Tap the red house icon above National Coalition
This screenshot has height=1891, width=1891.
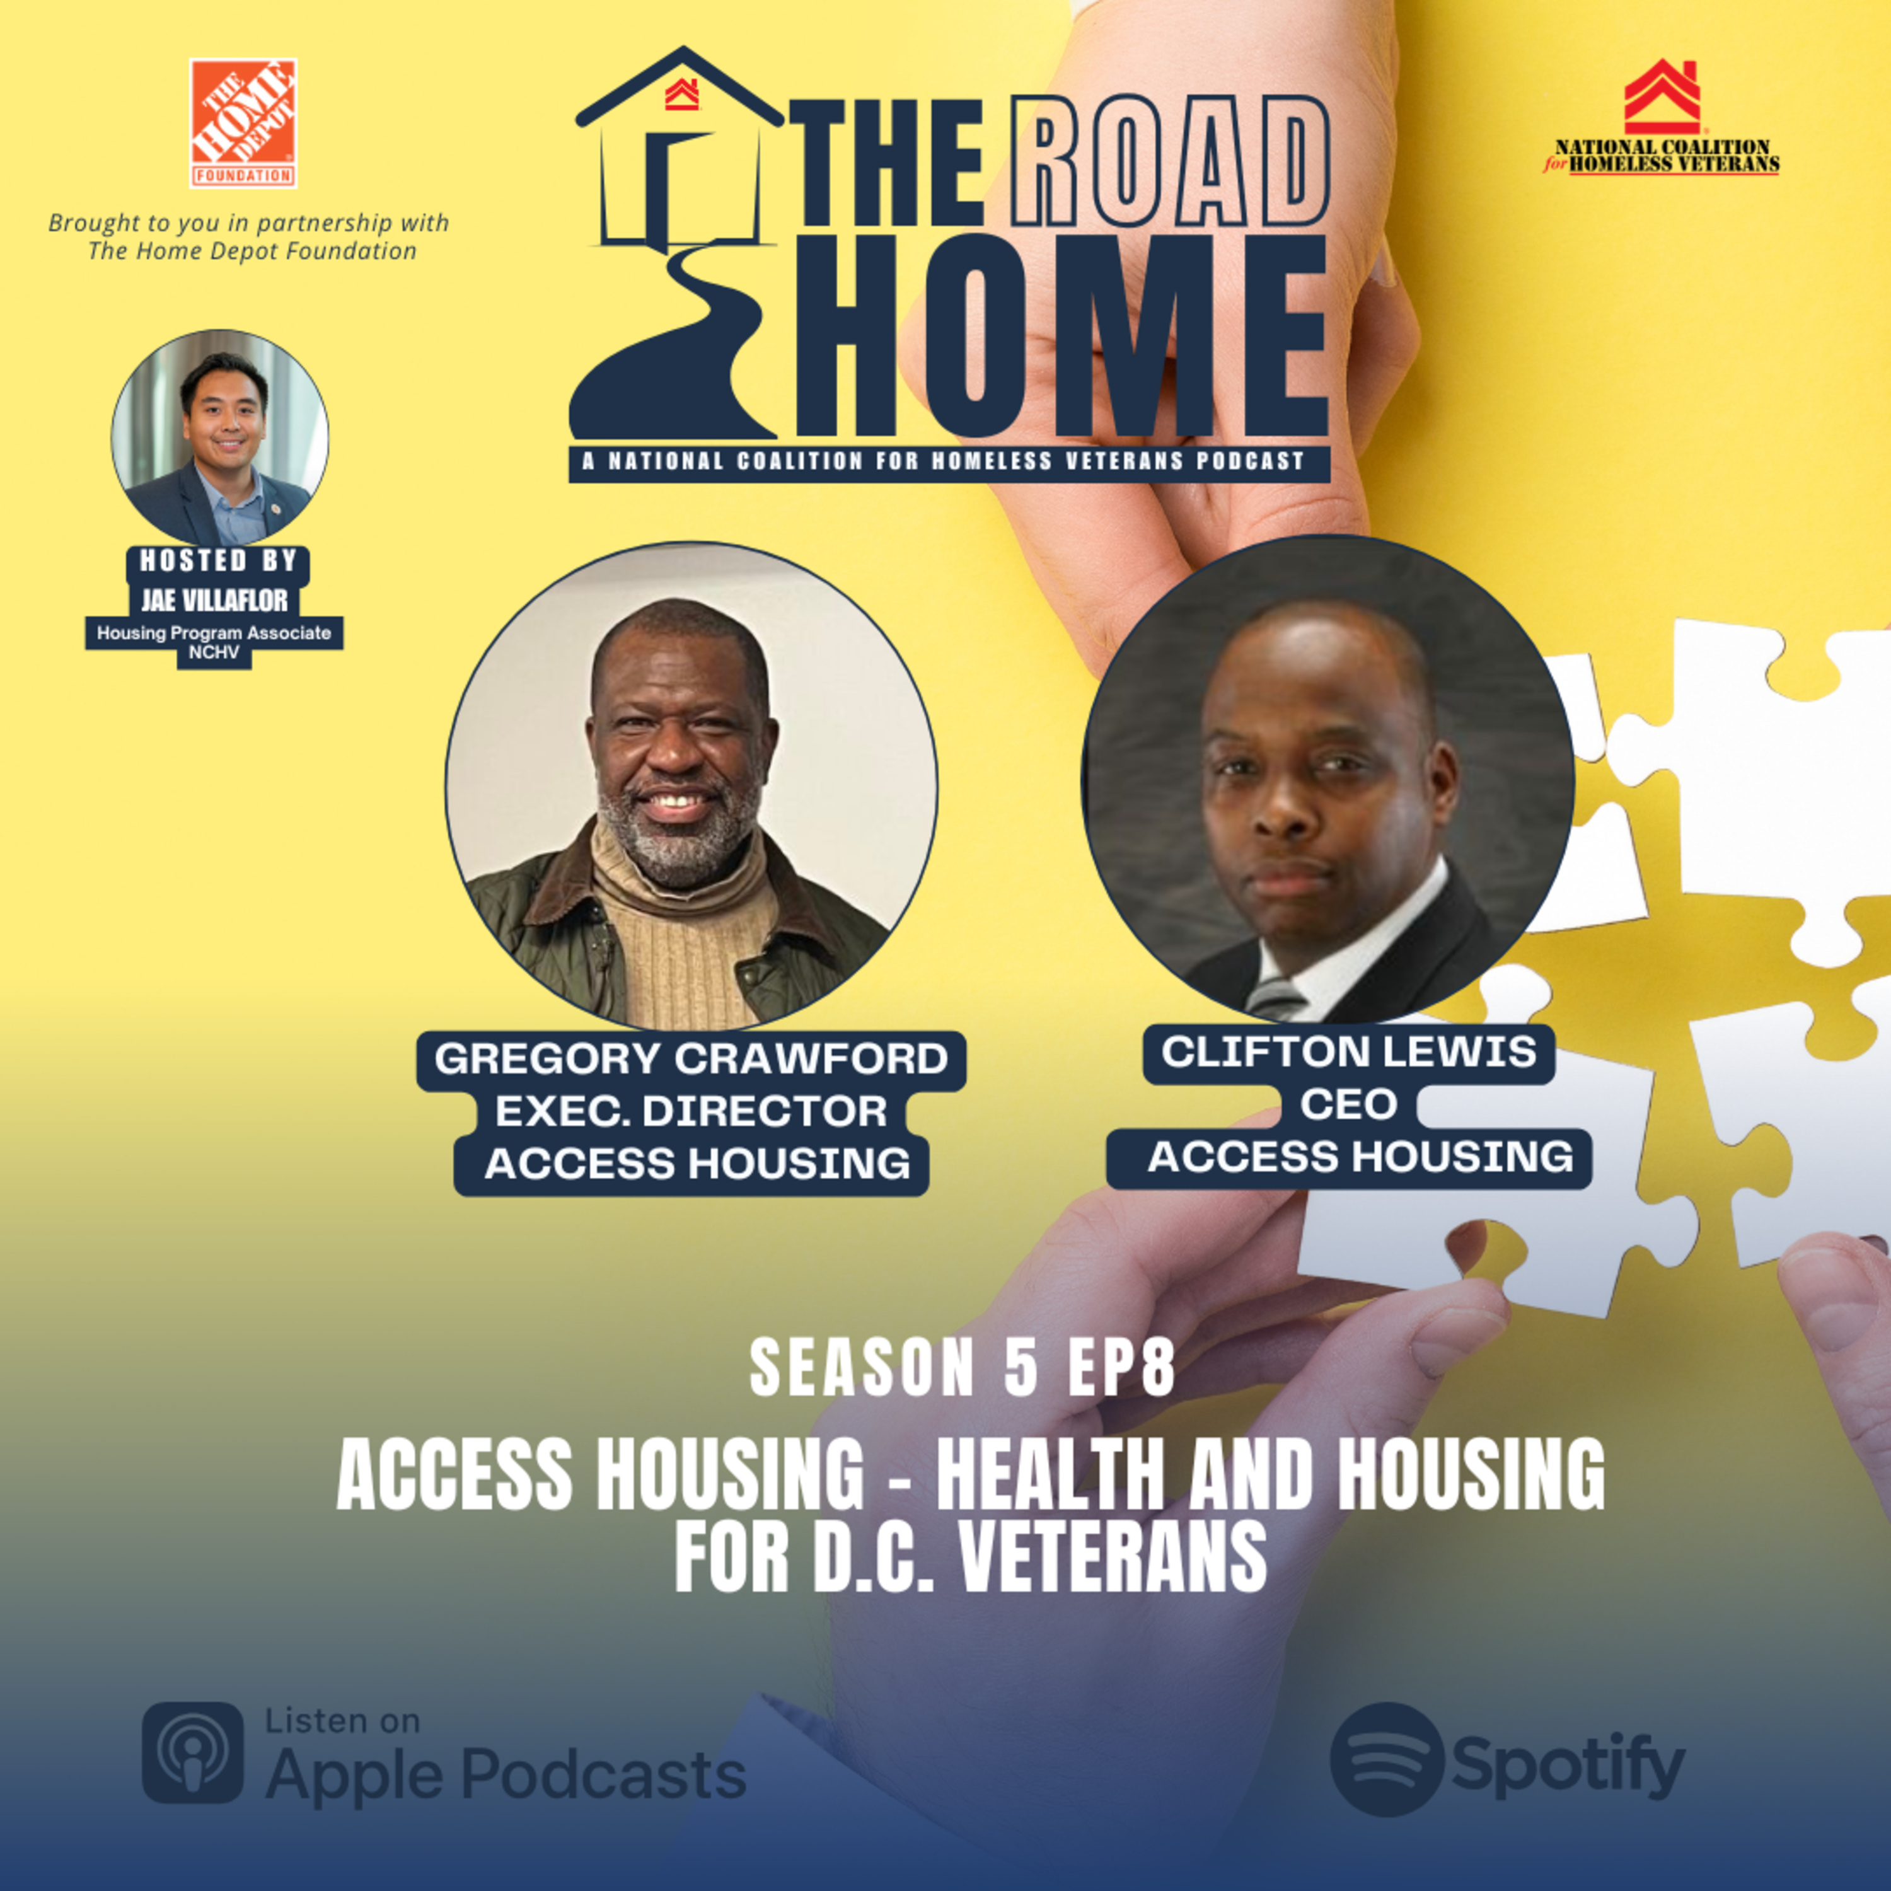coord(1662,97)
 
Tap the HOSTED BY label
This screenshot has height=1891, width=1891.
coord(218,561)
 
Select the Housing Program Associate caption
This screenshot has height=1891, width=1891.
coord(214,633)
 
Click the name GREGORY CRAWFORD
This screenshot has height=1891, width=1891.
coord(691,1059)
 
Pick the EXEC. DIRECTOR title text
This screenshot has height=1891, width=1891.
coord(691,1111)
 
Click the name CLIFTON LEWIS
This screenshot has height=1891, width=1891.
coord(1349,1052)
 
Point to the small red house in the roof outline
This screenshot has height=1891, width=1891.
coord(681,95)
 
